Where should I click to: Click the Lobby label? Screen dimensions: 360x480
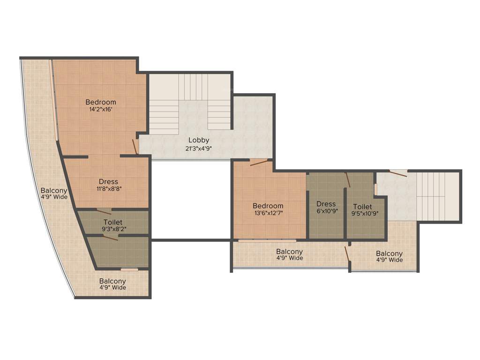199,140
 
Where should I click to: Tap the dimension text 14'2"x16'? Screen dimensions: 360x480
100,109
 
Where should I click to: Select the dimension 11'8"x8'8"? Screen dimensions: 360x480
108,189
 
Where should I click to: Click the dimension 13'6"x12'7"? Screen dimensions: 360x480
268,213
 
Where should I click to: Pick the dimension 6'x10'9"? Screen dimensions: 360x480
326,210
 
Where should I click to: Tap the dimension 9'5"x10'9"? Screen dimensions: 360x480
362,213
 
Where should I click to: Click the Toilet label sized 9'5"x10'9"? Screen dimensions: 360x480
362,206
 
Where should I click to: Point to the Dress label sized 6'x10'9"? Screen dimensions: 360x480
326,204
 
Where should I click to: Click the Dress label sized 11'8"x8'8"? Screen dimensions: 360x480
108,182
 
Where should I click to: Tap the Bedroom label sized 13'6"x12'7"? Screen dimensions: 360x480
268,206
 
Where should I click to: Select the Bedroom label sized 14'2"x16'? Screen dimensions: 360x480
100,102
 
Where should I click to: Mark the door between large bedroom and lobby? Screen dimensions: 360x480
135,146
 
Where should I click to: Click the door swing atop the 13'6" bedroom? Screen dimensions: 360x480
258,163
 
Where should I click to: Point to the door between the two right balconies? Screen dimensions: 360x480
347,255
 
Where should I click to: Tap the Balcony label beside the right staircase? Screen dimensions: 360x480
389,254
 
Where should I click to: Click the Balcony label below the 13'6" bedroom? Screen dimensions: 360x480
289,252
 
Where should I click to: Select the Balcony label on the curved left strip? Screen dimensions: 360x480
53,191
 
